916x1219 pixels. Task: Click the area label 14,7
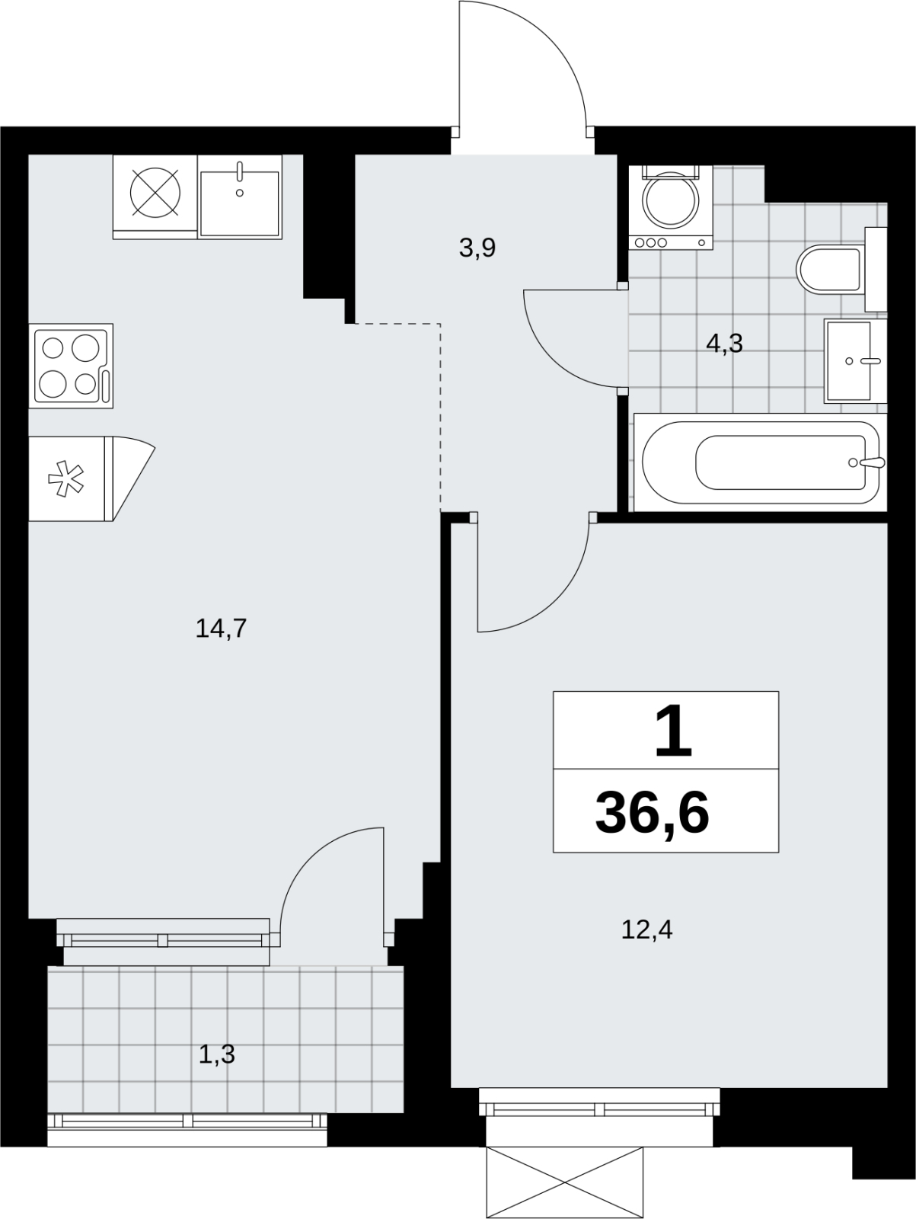pos(221,629)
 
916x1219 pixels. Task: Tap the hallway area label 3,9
pos(477,248)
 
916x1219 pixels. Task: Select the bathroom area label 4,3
pos(724,344)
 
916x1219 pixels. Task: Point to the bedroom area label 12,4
pos(647,929)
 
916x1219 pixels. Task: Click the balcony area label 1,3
pos(217,1054)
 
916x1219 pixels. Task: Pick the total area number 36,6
pos(653,815)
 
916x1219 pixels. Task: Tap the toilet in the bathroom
pos(841,270)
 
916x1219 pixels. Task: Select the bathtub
pos(761,462)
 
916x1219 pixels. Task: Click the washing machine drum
pos(670,200)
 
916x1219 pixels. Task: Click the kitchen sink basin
pos(240,203)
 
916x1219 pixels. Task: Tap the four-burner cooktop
pos(71,366)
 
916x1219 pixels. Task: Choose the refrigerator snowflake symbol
pos(65,478)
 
